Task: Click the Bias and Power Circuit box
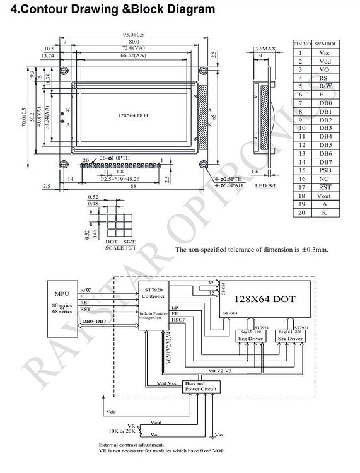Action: point(200,386)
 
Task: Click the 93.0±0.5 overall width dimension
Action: point(132,34)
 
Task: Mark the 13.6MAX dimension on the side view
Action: point(264,49)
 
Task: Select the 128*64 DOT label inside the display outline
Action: point(133,116)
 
